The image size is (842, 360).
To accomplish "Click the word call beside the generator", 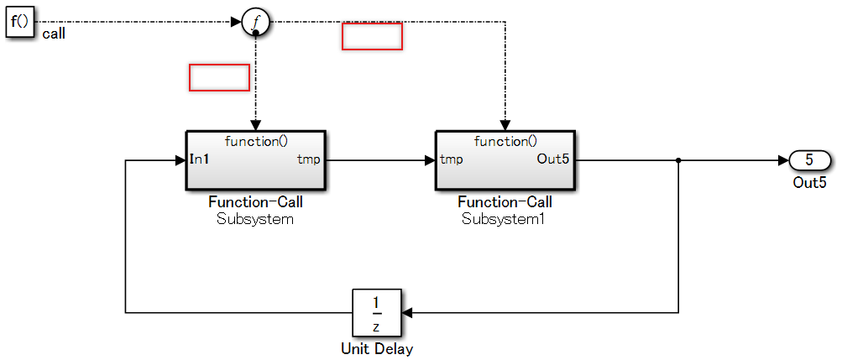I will (x=54, y=35).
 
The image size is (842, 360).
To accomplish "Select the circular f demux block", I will (x=255, y=23).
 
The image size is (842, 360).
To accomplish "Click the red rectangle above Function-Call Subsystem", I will (x=219, y=77).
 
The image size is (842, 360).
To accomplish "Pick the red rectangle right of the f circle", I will (x=372, y=37).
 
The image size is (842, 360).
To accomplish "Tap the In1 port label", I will (x=200, y=159).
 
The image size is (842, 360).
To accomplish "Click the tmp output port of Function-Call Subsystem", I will (x=308, y=159).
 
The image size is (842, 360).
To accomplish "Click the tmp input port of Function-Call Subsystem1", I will (x=451, y=159).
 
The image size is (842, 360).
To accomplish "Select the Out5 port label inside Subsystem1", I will (x=553, y=159).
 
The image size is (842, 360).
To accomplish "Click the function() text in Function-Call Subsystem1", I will (x=505, y=141).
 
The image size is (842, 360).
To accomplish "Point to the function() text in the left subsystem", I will (x=256, y=141).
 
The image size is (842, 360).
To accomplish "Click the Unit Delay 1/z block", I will (x=376, y=313).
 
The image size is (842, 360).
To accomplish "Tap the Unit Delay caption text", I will (x=377, y=348).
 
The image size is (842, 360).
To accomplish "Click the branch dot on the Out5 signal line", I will (x=678, y=159).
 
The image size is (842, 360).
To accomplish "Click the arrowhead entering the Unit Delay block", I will (x=407, y=313).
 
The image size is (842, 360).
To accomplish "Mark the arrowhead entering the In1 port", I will (x=180, y=159).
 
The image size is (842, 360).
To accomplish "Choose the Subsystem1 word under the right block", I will (x=505, y=220).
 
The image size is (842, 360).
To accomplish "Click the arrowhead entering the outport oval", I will (x=784, y=159).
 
